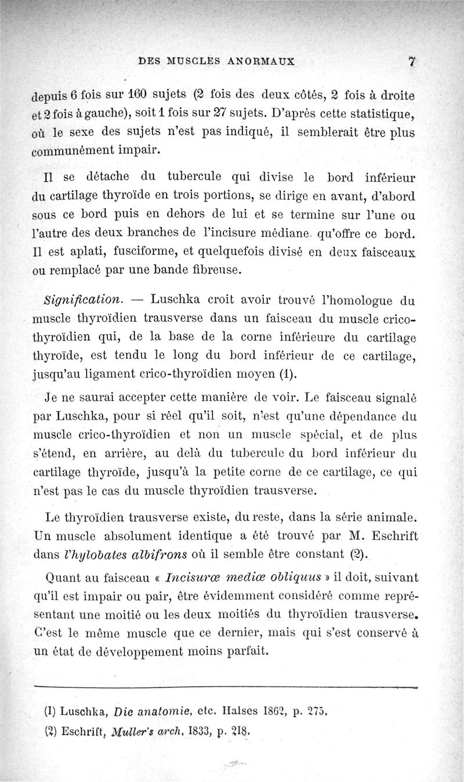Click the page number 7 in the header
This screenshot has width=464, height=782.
coord(413,61)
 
